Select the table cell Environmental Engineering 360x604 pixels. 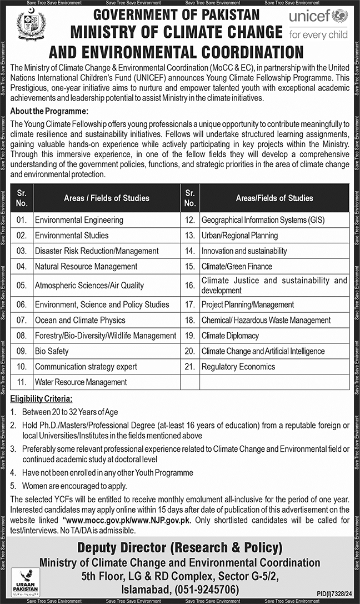(x=79, y=220)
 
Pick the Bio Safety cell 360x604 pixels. (x=52, y=351)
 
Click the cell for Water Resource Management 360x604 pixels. (x=81, y=382)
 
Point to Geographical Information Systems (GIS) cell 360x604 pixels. (x=263, y=220)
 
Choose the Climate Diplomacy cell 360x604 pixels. (x=230, y=336)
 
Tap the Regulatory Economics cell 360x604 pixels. (x=238, y=367)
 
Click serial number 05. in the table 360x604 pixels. (x=22, y=286)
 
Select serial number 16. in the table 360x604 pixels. (x=190, y=286)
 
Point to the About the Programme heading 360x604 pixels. (x=49, y=111)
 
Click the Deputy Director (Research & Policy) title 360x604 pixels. (x=180, y=547)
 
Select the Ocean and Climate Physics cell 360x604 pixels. (x=80, y=320)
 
